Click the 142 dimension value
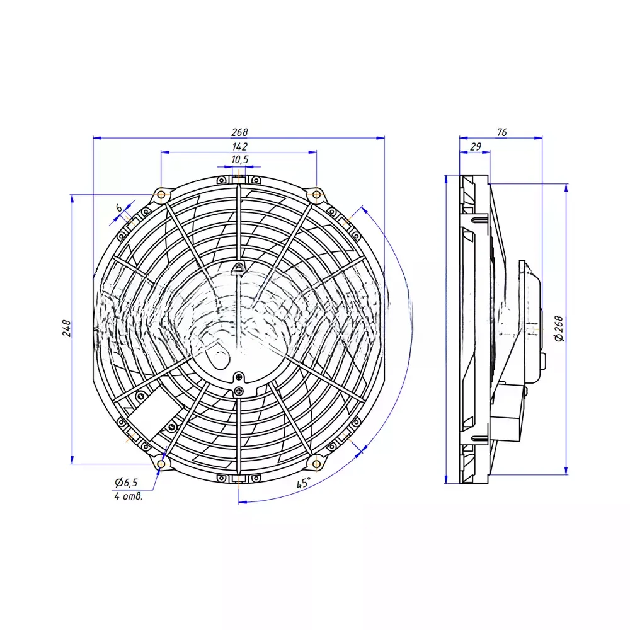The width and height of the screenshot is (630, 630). pos(239,147)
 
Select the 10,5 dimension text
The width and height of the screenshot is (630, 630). pos(240,159)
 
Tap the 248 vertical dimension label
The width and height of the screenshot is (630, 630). pos(67,328)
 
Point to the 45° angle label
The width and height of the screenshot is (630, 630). pos(304,483)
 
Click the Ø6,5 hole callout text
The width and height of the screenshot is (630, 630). pos(126,482)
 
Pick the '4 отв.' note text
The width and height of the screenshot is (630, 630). pos(128,496)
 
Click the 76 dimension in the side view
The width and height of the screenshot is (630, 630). pos(502,132)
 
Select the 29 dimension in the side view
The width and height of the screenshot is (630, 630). pos(475,147)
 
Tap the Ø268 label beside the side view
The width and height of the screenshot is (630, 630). pos(559,329)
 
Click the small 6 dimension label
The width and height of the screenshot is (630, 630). pos(119,208)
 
